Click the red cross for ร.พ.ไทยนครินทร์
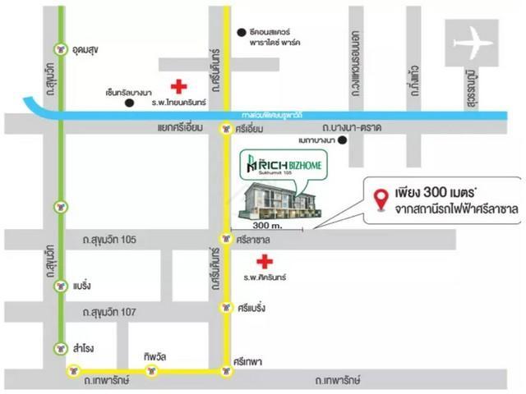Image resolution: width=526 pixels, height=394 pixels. click(177, 86)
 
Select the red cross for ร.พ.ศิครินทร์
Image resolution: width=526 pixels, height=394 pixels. click(264, 262)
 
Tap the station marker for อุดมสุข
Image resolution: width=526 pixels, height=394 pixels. click(60, 48)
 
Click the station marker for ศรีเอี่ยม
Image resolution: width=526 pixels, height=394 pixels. click(225, 129)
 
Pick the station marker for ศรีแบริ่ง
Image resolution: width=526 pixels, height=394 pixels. click(225, 308)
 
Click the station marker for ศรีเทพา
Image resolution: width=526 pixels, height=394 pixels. click(225, 371)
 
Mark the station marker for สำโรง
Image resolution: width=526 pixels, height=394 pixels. click(60, 347)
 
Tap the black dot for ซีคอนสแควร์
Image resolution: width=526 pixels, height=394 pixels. click(241, 32)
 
